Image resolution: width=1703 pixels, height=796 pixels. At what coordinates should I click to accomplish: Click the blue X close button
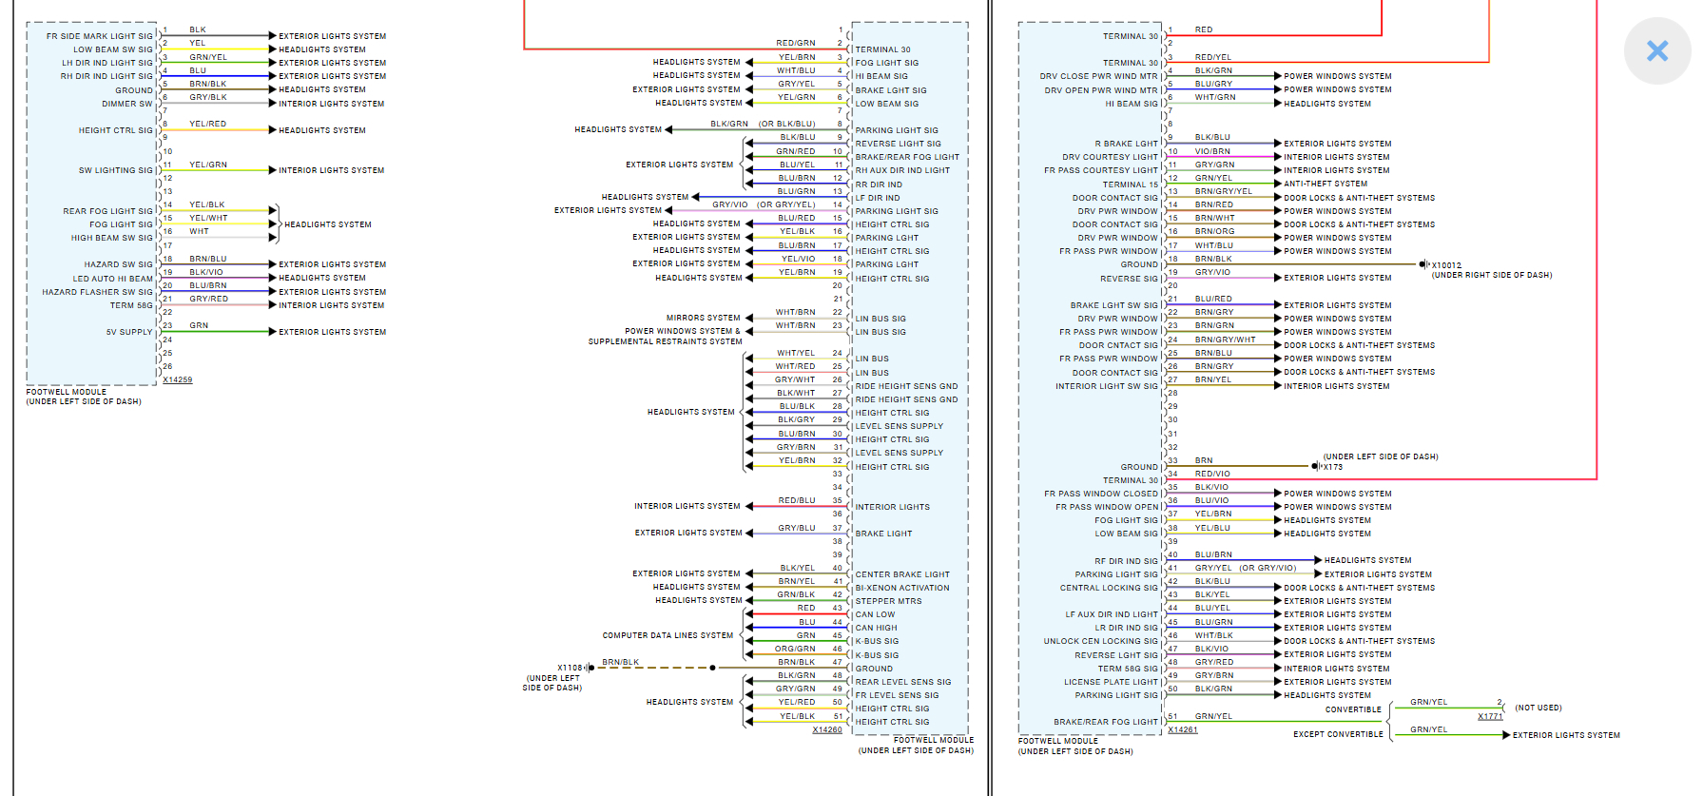pyautogui.click(x=1657, y=50)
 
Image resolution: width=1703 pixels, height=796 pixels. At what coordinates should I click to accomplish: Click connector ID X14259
pyautogui.click(x=177, y=379)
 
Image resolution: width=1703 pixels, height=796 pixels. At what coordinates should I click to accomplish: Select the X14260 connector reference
pyautogui.click(x=827, y=729)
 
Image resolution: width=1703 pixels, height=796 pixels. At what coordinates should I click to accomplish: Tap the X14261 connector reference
pyautogui.click(x=1183, y=729)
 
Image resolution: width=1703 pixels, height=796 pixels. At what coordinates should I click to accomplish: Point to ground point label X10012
pyautogui.click(x=1446, y=265)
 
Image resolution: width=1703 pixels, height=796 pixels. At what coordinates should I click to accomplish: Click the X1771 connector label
pyautogui.click(x=1490, y=716)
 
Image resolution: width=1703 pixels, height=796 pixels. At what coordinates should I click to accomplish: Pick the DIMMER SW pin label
pyautogui.click(x=134, y=104)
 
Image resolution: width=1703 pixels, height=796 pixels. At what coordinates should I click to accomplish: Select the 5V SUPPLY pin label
pyautogui.click(x=129, y=332)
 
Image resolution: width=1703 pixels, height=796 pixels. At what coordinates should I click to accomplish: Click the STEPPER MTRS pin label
pyautogui.click(x=888, y=601)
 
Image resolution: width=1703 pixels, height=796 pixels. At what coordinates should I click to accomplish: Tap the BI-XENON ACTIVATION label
pyautogui.click(x=902, y=588)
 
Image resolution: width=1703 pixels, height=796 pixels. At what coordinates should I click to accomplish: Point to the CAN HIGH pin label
pyautogui.click(x=876, y=628)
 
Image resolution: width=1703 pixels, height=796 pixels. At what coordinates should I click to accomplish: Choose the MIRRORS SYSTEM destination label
pyautogui.click(x=703, y=318)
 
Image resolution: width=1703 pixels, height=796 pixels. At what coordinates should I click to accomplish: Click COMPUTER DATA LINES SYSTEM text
pyautogui.click(x=668, y=635)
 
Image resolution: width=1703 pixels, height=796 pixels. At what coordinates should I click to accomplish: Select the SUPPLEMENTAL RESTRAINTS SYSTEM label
pyautogui.click(x=665, y=341)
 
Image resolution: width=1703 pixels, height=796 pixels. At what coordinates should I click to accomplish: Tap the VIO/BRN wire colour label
pyautogui.click(x=1212, y=150)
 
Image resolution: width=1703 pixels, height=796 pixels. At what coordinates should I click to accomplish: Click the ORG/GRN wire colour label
pyautogui.click(x=795, y=649)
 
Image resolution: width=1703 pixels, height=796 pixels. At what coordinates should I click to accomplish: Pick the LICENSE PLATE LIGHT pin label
pyautogui.click(x=1111, y=682)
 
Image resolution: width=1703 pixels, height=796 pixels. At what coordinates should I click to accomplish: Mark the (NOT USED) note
pyautogui.click(x=1539, y=708)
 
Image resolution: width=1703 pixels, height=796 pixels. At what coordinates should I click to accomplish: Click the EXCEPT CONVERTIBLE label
pyautogui.click(x=1338, y=734)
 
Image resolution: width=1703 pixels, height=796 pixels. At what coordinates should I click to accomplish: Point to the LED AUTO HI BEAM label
pyautogui.click(x=113, y=279)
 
